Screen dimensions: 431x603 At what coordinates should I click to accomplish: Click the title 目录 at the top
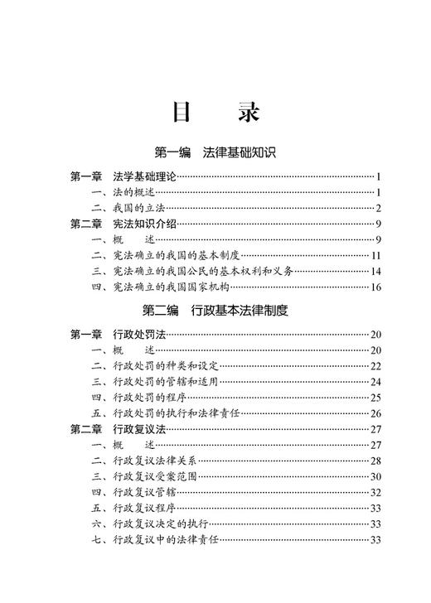pos(215,113)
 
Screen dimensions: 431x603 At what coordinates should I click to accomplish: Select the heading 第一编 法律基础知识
pos(215,153)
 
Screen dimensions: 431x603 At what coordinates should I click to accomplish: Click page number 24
pos(375,381)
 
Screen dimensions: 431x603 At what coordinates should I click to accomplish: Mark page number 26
pos(375,413)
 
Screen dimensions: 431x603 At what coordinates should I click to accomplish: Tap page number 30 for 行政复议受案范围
pos(375,476)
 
